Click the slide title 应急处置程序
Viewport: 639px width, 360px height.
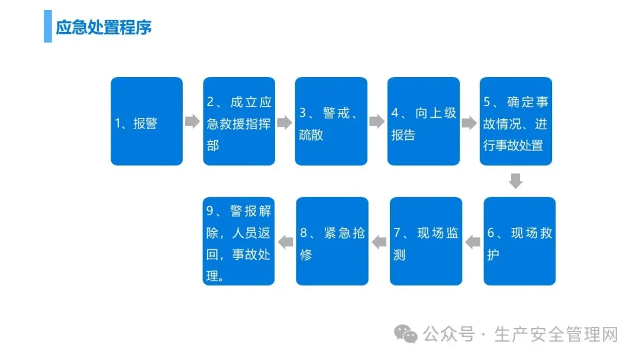104,28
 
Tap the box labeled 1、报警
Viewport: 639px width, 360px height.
147,121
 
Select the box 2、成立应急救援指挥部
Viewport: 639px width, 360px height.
239,121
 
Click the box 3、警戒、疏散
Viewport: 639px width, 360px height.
331,121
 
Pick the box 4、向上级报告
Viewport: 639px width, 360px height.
424,121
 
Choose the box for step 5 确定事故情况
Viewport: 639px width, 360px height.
516,121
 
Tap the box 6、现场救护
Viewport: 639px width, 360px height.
519,241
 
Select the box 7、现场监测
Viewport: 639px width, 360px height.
426,241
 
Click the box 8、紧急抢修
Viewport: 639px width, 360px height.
333,241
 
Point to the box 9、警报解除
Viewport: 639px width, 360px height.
239,241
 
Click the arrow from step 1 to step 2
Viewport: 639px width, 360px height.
192,122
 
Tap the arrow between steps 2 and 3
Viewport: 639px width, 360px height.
285,123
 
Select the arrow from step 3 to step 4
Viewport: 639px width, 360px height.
377,122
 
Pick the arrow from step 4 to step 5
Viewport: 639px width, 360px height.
469,123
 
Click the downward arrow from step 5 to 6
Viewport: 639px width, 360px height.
516,181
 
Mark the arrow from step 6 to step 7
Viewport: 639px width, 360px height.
473,241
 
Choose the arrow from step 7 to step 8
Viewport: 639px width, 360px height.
379,241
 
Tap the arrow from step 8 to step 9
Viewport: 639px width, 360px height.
286,241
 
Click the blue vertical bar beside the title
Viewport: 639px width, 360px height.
48,27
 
